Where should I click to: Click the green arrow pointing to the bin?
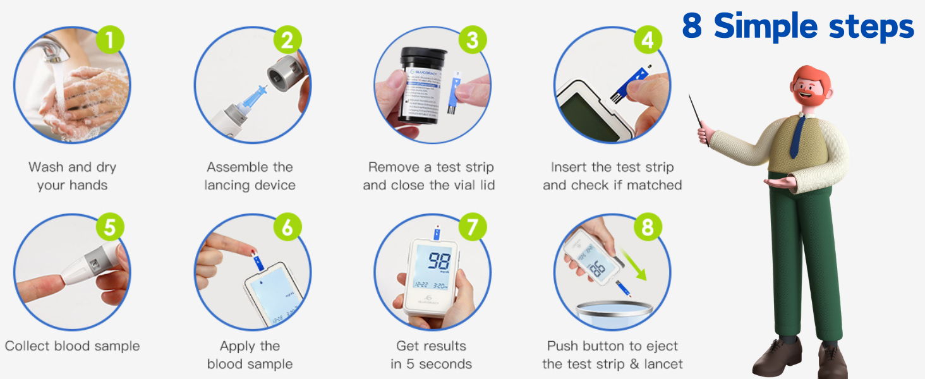point(634,266)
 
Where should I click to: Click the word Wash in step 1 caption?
point(46,167)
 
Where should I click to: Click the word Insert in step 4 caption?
point(569,167)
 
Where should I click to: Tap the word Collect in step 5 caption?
point(26,346)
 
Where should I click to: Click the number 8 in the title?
point(693,27)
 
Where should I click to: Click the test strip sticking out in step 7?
point(435,233)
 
